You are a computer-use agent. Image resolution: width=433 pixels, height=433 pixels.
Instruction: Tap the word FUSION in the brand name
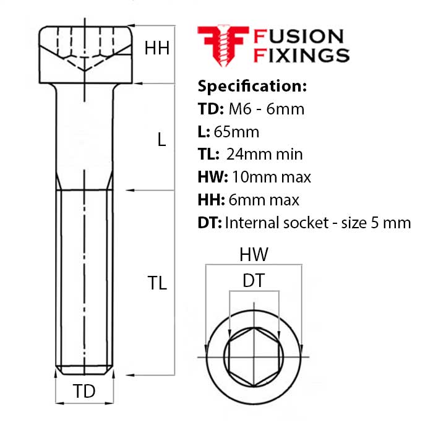pyautogui.click(x=299, y=36)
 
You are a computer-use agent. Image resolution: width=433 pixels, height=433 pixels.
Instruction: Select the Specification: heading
pyautogui.click(x=251, y=85)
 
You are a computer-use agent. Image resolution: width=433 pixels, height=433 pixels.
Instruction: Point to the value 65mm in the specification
pyautogui.click(x=236, y=132)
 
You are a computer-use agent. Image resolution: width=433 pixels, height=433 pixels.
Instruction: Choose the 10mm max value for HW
pyautogui.click(x=271, y=178)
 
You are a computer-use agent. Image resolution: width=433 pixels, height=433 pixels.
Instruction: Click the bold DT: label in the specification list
pyautogui.click(x=209, y=223)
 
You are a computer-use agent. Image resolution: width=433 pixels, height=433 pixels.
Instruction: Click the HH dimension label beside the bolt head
pyautogui.click(x=156, y=48)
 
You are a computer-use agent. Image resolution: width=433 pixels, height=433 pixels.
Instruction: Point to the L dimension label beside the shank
pyautogui.click(x=161, y=140)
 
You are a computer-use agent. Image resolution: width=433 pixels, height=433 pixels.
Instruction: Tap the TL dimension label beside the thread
pyautogui.click(x=157, y=283)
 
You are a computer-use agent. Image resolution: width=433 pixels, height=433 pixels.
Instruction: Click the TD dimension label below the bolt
pyautogui.click(x=85, y=391)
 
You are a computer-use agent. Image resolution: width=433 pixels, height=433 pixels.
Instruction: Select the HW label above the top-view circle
pyautogui.click(x=253, y=254)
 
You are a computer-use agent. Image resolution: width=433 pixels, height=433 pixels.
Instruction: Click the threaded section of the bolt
pyautogui.click(x=85, y=278)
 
